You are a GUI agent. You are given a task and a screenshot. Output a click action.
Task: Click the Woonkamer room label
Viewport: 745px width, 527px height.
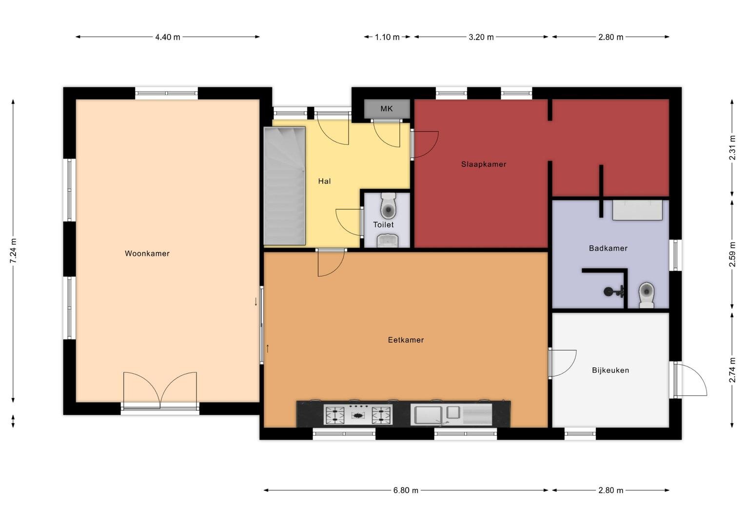[x=147, y=254]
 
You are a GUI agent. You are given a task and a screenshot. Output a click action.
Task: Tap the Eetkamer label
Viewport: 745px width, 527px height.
[x=406, y=340]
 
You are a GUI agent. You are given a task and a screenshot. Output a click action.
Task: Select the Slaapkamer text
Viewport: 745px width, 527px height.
[x=484, y=164]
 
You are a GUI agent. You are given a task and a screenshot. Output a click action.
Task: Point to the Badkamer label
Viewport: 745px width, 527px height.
[x=608, y=248]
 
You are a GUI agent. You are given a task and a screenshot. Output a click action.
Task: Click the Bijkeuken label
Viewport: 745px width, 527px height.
[x=610, y=370]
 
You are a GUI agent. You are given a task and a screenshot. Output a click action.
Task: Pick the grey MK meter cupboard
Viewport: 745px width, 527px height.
[x=387, y=108]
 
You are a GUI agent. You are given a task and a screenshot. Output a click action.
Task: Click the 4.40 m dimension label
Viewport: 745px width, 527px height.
[x=168, y=37]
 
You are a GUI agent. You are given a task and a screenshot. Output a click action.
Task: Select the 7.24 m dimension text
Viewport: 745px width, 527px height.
[x=13, y=251]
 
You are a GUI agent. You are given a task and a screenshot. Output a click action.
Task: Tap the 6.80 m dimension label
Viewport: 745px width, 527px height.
[x=406, y=490]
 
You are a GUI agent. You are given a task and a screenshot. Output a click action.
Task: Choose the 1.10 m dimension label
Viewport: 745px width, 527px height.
[x=387, y=37]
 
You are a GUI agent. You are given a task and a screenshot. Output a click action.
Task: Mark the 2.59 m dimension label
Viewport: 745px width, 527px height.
[x=732, y=254]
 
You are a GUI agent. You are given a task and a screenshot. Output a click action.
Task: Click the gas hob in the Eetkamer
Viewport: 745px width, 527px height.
[x=358, y=414]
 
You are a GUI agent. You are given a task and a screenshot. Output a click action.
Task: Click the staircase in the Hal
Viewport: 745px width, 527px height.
[x=284, y=186]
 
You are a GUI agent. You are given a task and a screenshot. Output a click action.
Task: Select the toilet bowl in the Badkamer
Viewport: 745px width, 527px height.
[x=646, y=295]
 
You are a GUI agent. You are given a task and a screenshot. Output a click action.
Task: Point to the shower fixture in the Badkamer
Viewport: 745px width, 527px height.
[x=614, y=292]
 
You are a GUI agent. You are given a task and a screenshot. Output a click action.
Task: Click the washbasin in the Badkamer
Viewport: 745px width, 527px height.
[x=637, y=210]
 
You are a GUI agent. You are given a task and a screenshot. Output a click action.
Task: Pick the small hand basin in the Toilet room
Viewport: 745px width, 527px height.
[x=388, y=241]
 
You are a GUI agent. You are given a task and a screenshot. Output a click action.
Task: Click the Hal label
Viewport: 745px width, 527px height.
[x=324, y=182]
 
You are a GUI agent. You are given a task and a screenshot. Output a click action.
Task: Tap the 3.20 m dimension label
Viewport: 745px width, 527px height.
[x=481, y=37]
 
